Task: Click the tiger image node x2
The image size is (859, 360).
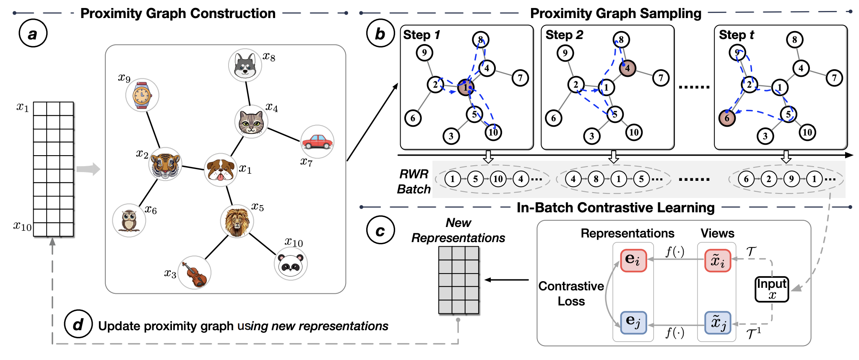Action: click(166, 164)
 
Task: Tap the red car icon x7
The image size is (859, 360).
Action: click(318, 142)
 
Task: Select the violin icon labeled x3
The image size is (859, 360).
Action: click(194, 273)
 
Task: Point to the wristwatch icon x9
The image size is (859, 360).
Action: click(142, 95)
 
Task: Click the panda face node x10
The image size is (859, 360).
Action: click(291, 263)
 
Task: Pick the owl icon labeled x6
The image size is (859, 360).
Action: click(129, 220)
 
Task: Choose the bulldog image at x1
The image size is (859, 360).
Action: click(220, 170)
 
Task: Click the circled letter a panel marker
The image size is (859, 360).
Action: click(33, 34)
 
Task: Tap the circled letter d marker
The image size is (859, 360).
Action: click(78, 324)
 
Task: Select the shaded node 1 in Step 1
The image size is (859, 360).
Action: click(466, 87)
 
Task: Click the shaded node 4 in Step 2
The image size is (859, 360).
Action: click(627, 68)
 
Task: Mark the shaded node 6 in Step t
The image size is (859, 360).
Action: click(727, 118)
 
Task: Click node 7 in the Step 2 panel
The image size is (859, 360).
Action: click(661, 78)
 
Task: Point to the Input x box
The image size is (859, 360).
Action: click(772, 289)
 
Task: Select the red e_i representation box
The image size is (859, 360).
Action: click(633, 260)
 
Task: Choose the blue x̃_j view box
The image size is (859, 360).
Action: click(718, 323)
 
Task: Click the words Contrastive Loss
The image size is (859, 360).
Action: click(571, 294)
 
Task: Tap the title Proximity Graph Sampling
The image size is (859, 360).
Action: click(615, 13)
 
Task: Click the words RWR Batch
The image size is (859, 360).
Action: click(414, 182)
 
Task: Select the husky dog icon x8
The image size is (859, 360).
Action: click(245, 65)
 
